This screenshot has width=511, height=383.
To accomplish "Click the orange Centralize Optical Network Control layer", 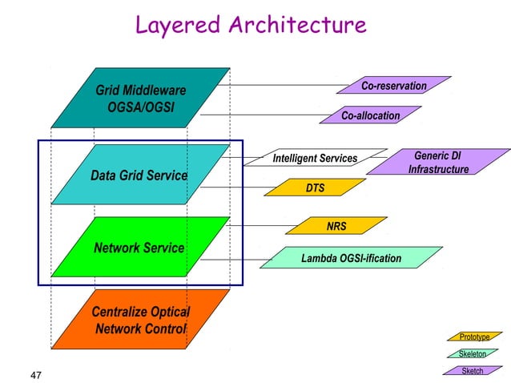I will [140, 320].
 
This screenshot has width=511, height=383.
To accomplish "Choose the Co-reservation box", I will [394, 86].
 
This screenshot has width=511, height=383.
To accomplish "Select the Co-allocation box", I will [370, 116].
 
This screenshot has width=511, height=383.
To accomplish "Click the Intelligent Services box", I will [315, 159].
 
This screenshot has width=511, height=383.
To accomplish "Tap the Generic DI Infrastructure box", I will [438, 162].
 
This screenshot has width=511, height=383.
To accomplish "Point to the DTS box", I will [315, 188].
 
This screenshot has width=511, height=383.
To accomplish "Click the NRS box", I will [336, 226].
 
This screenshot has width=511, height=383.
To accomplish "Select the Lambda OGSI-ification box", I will [351, 258].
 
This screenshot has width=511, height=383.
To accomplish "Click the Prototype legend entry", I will [473, 337].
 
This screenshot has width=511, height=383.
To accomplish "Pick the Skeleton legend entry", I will [472, 354].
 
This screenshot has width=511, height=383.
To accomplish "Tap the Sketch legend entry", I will [473, 371].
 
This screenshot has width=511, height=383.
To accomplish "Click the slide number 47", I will [36, 375].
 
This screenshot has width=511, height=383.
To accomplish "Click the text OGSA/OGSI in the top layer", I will [141, 106].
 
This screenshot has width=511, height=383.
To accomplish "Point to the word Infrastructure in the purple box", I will [438, 169].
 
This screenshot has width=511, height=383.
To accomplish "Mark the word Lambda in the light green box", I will [319, 258].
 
